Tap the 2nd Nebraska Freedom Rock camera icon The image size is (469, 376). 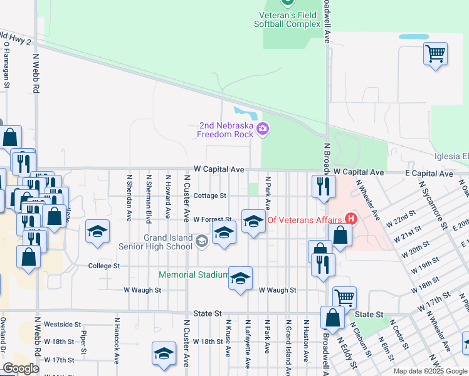pos(263,130)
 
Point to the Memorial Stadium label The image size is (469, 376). pos(193,274)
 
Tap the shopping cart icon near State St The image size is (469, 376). pos(344,297)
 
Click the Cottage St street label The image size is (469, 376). pos(209,196)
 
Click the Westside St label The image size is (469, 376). pos(63,325)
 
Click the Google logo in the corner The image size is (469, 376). pos(21,368)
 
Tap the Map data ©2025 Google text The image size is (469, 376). pos(429,371)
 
